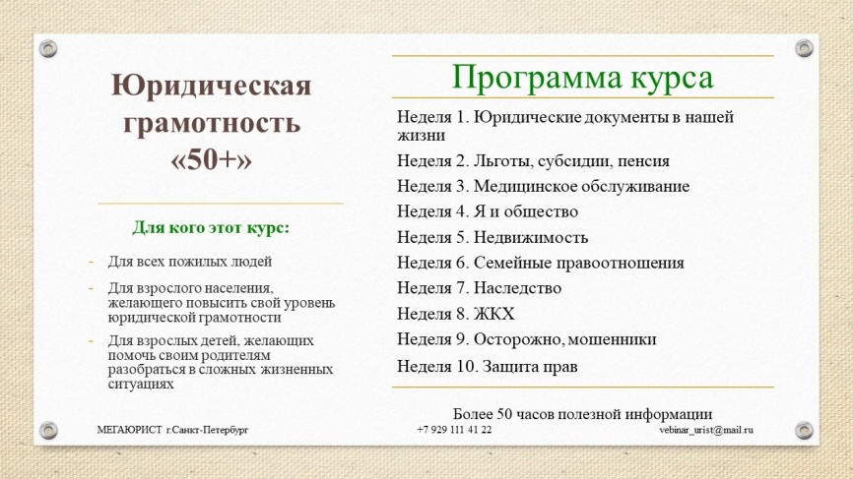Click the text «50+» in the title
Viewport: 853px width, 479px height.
211,159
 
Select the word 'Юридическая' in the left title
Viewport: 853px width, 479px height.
211,88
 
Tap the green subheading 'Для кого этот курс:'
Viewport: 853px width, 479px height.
211,228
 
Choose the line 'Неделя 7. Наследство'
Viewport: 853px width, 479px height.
479,288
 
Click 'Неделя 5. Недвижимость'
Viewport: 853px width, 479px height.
492,237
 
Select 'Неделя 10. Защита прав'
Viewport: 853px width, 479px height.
487,366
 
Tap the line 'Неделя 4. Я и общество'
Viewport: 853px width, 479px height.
488,211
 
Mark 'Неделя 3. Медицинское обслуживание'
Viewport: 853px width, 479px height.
543,186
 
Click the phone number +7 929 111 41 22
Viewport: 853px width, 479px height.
454,430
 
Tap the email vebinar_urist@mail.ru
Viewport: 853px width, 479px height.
706,430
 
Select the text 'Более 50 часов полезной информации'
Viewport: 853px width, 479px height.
582,413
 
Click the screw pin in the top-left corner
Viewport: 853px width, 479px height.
48,47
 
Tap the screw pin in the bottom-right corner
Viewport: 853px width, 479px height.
804,429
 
